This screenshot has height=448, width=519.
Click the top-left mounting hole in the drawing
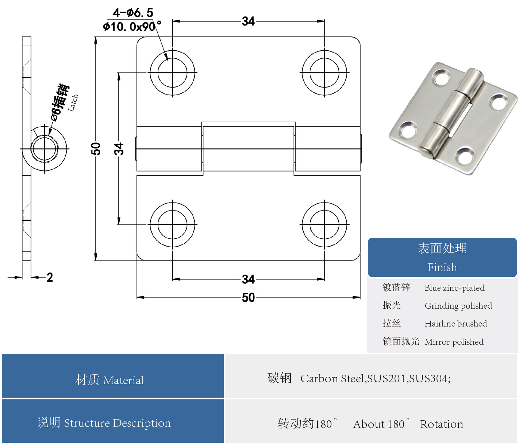[x=173, y=73]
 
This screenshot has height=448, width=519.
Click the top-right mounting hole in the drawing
[x=324, y=73]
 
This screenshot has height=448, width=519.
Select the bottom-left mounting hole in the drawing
[x=173, y=224]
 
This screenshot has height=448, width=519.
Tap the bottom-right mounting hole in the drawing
[x=324, y=224]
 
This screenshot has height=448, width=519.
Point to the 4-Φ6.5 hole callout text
[x=133, y=13]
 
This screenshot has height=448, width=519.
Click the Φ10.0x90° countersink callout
[x=132, y=27]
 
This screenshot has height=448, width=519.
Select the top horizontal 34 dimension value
[x=248, y=21]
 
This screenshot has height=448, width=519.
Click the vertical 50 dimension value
[x=96, y=148]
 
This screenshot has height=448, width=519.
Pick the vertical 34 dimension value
[x=119, y=149]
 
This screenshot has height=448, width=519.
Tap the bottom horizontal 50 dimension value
[x=248, y=297]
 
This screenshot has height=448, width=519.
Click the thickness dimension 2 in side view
[x=50, y=277]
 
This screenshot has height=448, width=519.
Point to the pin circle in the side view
[x=44, y=149]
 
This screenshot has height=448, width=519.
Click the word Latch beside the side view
[x=73, y=103]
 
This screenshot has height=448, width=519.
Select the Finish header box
[x=442, y=258]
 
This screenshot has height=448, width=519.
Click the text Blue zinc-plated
[x=454, y=288]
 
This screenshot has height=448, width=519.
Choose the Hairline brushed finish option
[x=455, y=324]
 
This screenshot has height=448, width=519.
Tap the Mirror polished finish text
[x=454, y=342]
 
